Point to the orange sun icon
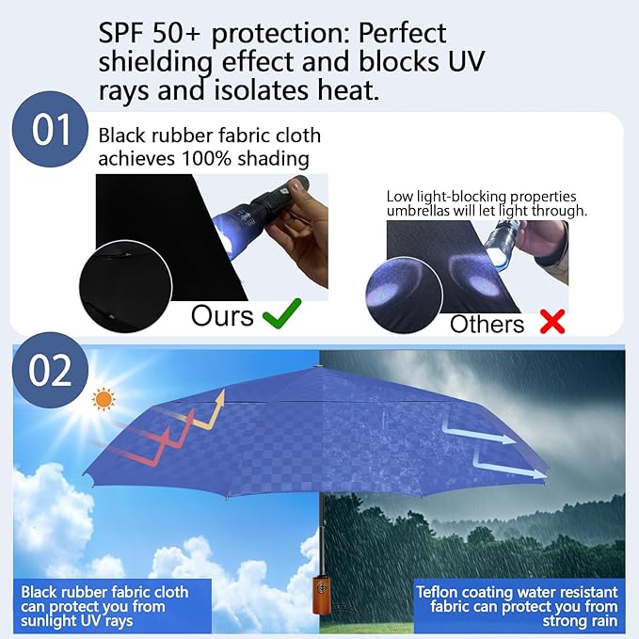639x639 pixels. (x=102, y=400)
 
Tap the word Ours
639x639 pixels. (x=222, y=316)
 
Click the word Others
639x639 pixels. (x=487, y=325)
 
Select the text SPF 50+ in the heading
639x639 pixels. (x=151, y=33)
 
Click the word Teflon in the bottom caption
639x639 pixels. (x=441, y=592)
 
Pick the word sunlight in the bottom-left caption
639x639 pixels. (x=49, y=622)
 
